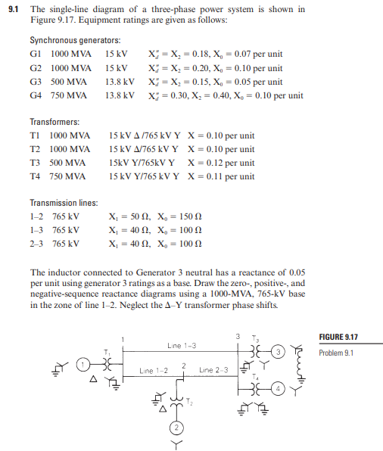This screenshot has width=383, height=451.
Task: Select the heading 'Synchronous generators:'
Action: (x=75, y=39)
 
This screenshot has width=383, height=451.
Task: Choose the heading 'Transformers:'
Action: (x=54, y=122)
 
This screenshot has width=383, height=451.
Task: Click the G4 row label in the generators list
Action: (x=36, y=95)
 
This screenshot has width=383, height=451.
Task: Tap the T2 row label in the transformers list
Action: (x=36, y=149)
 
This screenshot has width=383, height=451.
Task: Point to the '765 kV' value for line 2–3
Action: (x=65, y=244)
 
